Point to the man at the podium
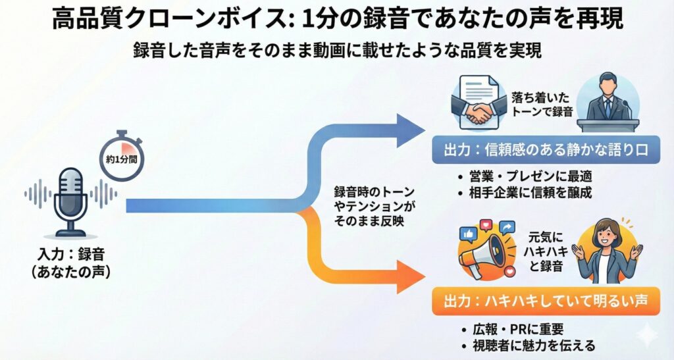tap(608, 102)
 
